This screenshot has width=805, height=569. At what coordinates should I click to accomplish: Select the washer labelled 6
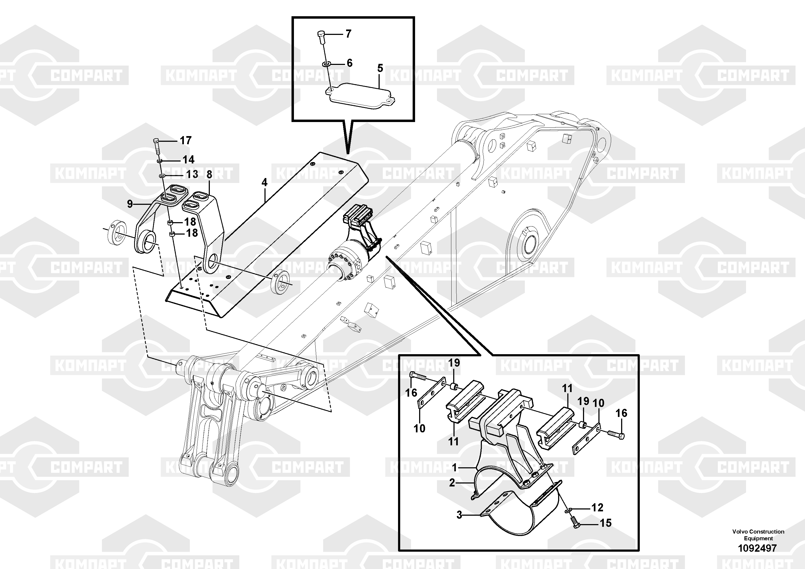[x=326, y=64]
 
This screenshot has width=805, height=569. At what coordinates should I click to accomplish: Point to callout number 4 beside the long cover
[x=264, y=182]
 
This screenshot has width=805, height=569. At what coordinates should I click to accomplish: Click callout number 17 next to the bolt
[x=185, y=140]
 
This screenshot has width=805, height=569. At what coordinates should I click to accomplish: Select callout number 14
[x=188, y=160]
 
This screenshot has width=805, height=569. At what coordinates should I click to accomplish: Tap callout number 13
[x=192, y=174]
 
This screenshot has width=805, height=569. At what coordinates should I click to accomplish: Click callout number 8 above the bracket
[x=209, y=174]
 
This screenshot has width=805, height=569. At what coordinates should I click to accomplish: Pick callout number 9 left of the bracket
[x=130, y=204]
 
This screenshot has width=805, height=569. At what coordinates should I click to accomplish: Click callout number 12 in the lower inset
[x=597, y=507]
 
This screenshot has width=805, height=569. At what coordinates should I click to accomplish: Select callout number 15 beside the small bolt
[x=605, y=523]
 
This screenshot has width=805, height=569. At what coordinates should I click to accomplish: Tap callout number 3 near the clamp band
[x=459, y=515]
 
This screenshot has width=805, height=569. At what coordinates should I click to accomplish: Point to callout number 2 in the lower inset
[x=452, y=483]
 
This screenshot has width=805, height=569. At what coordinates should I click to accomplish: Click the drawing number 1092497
[x=758, y=548]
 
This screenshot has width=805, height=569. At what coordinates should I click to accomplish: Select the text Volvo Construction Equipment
[x=758, y=535]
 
